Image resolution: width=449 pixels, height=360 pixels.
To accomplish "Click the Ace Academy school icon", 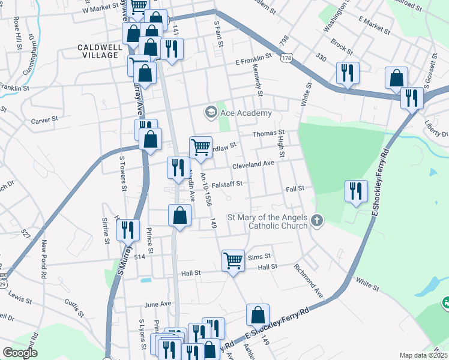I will point(211,112).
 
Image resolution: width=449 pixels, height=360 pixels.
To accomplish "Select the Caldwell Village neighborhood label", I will point(98,50).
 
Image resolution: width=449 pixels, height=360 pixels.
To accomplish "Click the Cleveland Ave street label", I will point(253,163).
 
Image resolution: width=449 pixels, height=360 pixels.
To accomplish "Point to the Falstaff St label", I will point(226,184).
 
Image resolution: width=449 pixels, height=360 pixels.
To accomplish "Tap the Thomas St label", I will point(268,133).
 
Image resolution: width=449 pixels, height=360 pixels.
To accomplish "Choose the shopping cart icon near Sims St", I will point(233,260).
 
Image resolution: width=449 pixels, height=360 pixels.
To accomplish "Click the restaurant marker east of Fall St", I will point(356,191).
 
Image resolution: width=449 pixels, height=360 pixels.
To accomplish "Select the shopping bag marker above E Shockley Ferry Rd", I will point(258,314).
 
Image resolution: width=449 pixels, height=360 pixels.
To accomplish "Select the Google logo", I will point(20,353).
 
